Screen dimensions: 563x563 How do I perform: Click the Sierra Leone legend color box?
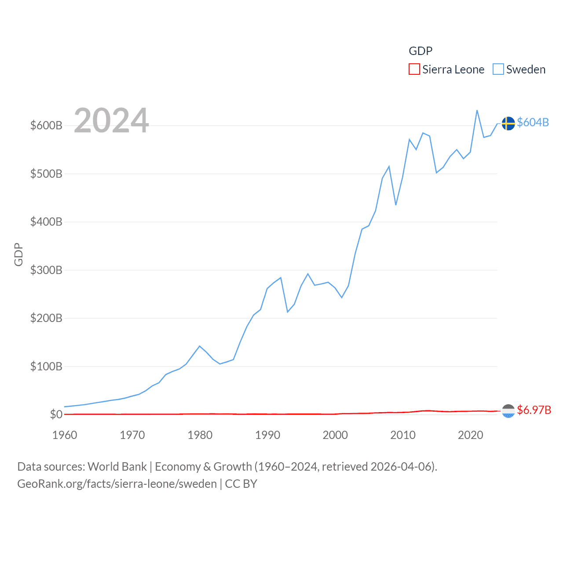(414, 69)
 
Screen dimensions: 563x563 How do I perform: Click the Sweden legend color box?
(498, 69)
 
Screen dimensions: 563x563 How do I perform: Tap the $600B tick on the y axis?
(46, 125)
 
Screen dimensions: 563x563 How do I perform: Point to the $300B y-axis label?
(46, 270)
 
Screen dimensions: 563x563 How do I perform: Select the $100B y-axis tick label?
(46, 366)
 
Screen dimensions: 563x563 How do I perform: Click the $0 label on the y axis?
(56, 414)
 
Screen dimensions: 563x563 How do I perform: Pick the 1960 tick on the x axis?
(65, 435)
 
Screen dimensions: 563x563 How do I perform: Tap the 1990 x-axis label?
(267, 435)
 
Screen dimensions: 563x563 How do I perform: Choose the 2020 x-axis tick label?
(470, 435)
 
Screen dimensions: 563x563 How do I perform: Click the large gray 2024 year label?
(111, 121)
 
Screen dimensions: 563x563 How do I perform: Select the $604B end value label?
(533, 122)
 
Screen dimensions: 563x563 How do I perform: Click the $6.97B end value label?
(534, 410)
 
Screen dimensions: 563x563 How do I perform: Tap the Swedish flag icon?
(508, 124)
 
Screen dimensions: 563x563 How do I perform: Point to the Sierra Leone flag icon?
(508, 411)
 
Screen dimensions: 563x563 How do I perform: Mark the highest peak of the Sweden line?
(477, 110)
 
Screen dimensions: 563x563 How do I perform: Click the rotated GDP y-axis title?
(18, 254)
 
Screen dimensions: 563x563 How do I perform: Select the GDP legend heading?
(420, 51)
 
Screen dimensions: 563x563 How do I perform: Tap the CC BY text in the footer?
(241, 484)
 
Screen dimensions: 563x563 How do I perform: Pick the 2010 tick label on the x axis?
(402, 435)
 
